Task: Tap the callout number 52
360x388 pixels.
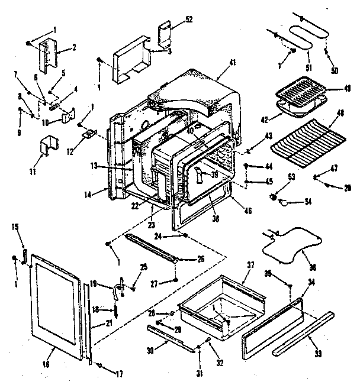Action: tap(189, 19)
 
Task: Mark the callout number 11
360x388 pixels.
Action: tap(31, 172)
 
